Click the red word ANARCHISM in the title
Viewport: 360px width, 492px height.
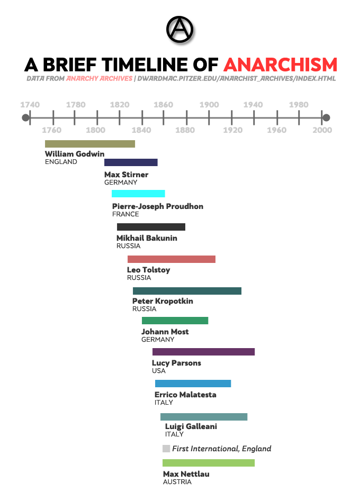(x=280, y=65)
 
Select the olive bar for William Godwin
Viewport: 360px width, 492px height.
(x=90, y=144)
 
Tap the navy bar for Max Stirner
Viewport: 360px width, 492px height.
(x=131, y=162)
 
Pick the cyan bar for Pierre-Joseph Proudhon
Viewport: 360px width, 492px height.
(x=138, y=194)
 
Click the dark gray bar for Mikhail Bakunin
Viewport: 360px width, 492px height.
(x=151, y=227)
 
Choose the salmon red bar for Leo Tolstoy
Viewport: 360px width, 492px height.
(x=171, y=259)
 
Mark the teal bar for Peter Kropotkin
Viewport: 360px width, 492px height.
(x=187, y=291)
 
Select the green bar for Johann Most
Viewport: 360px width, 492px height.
(x=175, y=321)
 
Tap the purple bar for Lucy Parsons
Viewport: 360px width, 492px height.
(x=203, y=352)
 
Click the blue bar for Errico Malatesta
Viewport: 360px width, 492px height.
(x=193, y=384)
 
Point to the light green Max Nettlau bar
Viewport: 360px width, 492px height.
(x=209, y=463)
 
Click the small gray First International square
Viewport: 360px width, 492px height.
(x=166, y=449)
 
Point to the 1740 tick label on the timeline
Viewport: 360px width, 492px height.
(x=30, y=104)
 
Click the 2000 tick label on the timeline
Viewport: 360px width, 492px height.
(x=322, y=130)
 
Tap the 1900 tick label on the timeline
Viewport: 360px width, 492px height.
(x=209, y=104)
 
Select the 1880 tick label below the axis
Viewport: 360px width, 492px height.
(x=185, y=130)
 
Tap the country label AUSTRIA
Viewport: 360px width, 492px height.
(x=177, y=482)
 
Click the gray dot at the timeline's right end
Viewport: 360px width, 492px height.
(x=326, y=117)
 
